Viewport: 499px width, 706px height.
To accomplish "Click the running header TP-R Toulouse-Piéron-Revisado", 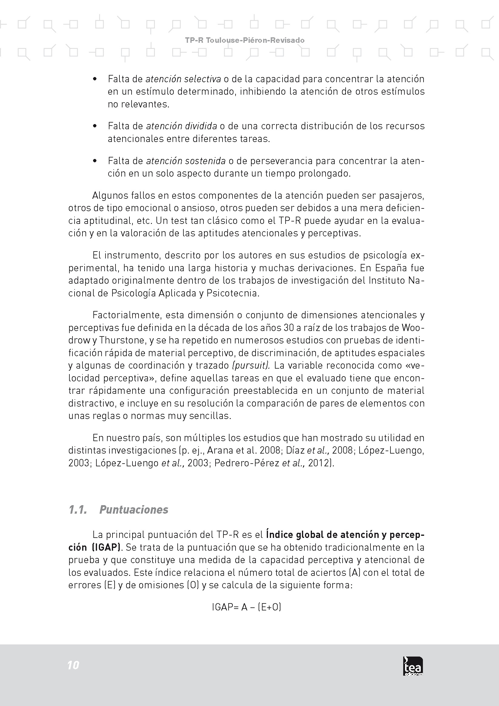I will pos(245,40).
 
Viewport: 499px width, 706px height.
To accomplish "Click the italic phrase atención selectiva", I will pos(183,79).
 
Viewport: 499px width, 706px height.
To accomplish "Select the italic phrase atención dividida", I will pos(181,126).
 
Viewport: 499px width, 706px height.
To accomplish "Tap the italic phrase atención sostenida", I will pos(186,161).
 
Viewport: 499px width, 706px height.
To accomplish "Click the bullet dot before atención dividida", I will pos(95,126).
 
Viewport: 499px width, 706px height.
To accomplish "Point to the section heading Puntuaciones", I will pos(134,510).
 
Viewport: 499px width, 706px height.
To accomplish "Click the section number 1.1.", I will pos(77,510).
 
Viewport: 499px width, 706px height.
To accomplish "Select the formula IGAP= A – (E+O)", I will pos(246,607).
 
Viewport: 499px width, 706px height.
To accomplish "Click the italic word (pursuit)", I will pos(251,365).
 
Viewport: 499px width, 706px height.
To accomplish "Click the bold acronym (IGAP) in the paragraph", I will pos(106,547).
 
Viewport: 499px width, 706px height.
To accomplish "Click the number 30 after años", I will pos(289,328).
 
